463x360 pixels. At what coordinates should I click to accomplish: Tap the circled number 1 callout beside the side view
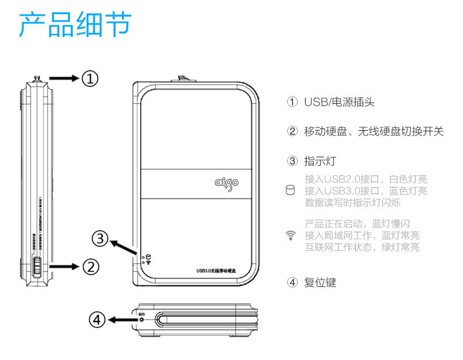(90, 78)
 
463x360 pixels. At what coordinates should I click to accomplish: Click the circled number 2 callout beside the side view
(90, 267)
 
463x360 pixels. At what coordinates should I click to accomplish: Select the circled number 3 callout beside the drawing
(101, 239)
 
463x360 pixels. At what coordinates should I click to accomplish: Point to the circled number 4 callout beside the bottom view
(97, 320)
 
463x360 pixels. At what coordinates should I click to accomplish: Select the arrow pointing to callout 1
(63, 78)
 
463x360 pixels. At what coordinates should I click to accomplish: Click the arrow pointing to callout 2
(64, 267)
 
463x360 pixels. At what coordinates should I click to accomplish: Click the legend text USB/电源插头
(339, 103)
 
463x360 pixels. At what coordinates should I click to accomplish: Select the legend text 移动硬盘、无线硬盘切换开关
(373, 131)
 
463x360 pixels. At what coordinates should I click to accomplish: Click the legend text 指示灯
(320, 161)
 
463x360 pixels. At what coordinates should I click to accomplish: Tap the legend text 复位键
(320, 282)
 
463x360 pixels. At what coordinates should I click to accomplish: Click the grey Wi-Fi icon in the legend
(290, 236)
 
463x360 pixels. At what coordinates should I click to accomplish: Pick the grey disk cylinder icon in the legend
(290, 191)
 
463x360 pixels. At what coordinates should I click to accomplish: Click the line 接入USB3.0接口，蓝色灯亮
(366, 191)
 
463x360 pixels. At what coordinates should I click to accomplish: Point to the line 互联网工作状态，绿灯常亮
(362, 247)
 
